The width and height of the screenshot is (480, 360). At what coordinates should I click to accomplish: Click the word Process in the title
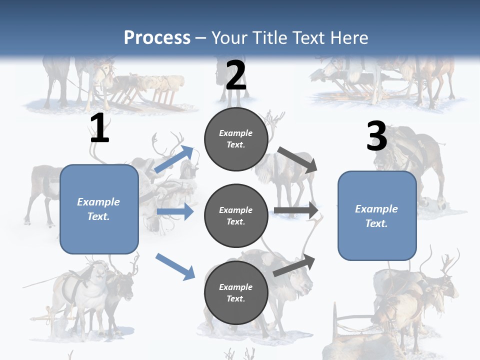pos(157,38)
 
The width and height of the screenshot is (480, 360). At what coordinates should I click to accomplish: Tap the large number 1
pos(99,129)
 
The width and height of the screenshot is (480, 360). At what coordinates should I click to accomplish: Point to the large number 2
pos(236,76)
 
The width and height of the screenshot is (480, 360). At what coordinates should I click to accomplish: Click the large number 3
pos(376,137)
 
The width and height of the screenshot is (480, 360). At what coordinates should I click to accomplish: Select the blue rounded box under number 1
pos(99,209)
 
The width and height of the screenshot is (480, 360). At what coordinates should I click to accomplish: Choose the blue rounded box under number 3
pos(377,215)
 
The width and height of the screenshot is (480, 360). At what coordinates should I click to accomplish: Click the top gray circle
pos(236,139)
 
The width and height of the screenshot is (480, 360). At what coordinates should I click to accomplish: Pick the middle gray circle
pos(236,215)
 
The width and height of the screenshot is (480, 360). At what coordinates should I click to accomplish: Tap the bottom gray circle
pos(236,292)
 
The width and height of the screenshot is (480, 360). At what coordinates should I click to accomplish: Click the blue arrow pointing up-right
pos(174,159)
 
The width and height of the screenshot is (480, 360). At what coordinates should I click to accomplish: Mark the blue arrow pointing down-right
pos(175,266)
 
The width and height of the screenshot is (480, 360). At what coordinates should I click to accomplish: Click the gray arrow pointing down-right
pos(297,160)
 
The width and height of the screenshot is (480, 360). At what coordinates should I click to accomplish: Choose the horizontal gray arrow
pos(296,210)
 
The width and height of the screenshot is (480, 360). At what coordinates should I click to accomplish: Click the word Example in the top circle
pos(236,133)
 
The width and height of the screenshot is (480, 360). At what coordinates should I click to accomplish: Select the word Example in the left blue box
pos(98,202)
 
